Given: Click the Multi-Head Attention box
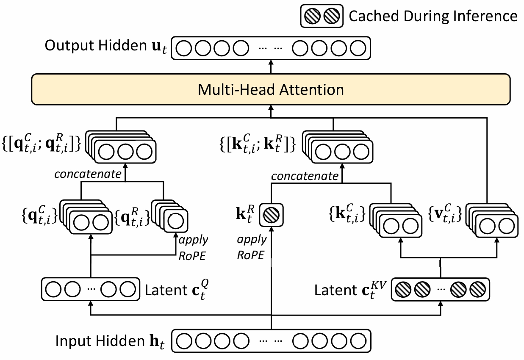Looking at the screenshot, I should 270,90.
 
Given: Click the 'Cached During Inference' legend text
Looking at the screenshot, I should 433,16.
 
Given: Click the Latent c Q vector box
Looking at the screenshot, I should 90,290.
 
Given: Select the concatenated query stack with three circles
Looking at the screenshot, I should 123,148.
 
